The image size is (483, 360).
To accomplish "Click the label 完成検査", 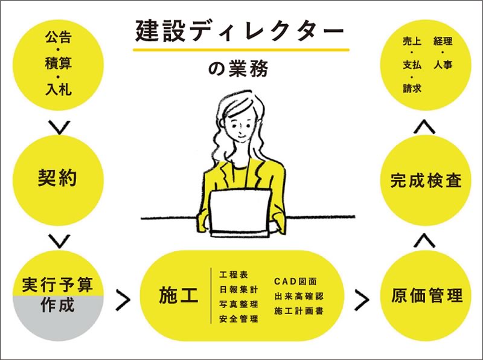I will click(x=426, y=180).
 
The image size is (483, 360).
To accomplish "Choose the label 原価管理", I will click(x=426, y=296).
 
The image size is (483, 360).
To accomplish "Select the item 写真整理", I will click(x=238, y=304).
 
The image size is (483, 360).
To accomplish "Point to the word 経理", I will click(x=443, y=42).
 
